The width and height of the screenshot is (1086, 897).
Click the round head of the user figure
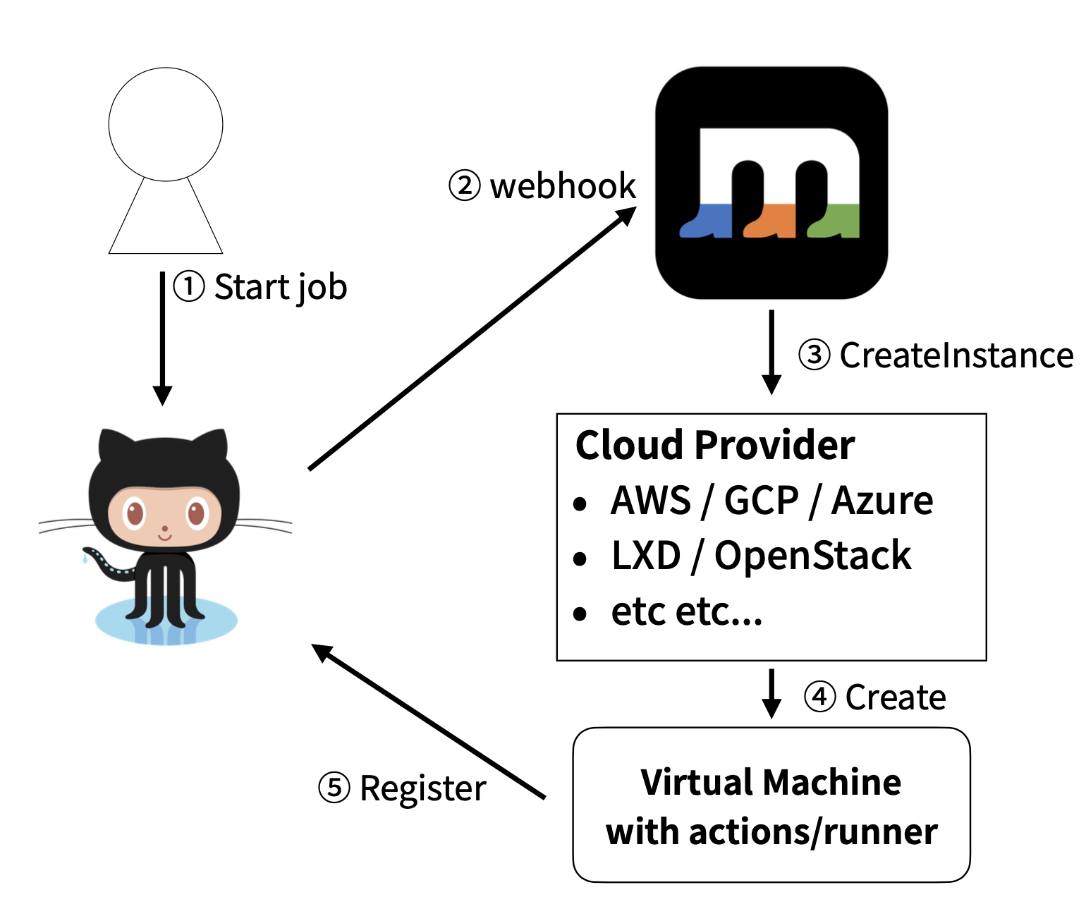tap(166, 124)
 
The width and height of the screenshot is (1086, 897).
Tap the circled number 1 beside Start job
tap(189, 287)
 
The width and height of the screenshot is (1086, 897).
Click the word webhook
tap(563, 186)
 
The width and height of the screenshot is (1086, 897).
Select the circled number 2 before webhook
tap(464, 186)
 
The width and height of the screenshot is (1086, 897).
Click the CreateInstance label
tap(956, 355)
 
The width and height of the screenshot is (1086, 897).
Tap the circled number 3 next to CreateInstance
tap(814, 355)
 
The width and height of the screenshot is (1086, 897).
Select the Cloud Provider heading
tap(714, 445)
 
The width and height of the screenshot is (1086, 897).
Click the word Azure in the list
tap(882, 501)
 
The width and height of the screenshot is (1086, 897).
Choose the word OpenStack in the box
tap(812, 556)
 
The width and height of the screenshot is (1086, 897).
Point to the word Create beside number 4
tap(896, 697)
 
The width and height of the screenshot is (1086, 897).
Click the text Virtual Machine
tap(771, 783)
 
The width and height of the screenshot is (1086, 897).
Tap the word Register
tap(423, 788)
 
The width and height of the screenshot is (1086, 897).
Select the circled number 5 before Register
tap(334, 788)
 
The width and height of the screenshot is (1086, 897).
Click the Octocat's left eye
tap(134, 513)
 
